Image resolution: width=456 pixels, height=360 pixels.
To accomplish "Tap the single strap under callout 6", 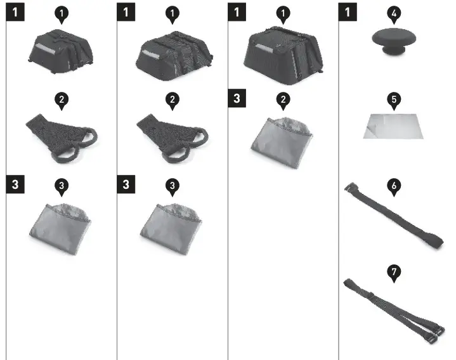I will (393, 216).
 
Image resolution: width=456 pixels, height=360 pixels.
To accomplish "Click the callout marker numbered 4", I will (394, 13).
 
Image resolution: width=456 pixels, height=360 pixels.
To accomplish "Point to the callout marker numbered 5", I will (394, 100).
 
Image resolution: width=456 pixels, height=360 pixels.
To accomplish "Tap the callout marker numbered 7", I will (394, 272).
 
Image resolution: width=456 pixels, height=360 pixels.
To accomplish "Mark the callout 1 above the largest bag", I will (283, 13).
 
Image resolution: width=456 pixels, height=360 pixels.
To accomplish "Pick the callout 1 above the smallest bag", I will (62, 13).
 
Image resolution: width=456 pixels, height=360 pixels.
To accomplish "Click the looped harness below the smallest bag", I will (62, 136).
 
